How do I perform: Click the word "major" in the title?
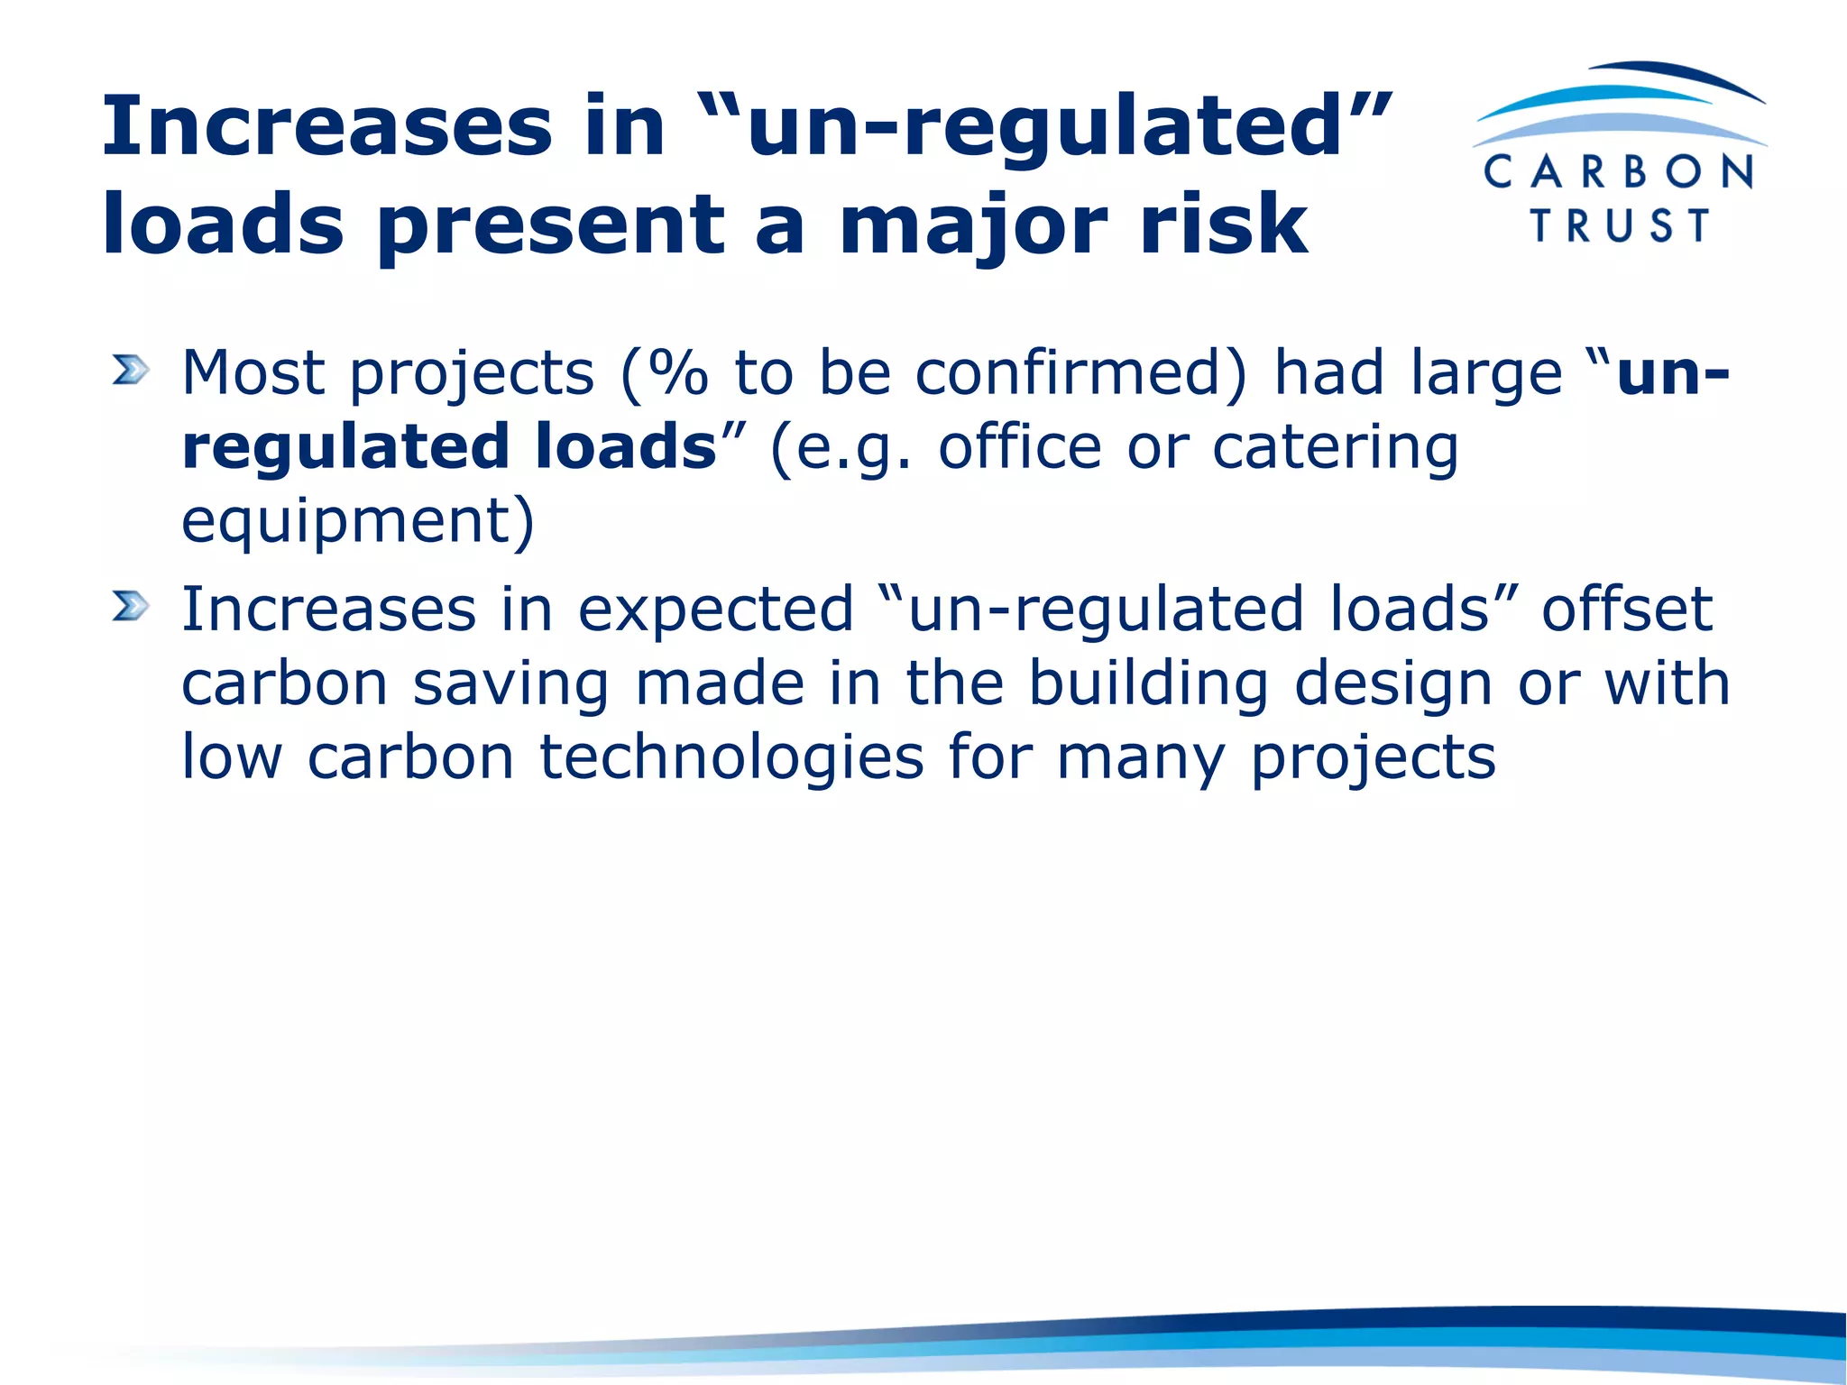[974, 225]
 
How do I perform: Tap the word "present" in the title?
[550, 225]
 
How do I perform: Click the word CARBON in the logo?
[1619, 171]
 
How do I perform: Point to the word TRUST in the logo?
[1621, 225]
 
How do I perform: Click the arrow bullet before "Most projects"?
[130, 370]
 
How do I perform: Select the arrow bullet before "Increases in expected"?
[130, 606]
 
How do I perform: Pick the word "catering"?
[1335, 447]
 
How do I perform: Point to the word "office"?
[1020, 447]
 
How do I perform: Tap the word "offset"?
[1627, 610]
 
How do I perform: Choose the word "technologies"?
[731, 757]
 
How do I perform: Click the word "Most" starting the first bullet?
[253, 371]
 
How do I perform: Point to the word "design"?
[1393, 683]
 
